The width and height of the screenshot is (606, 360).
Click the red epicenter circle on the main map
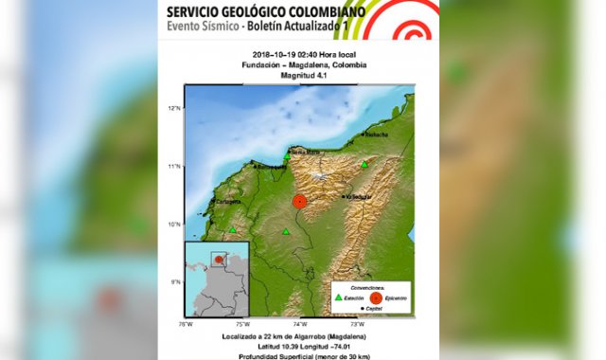(x=299, y=202)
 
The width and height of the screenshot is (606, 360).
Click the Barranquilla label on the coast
(x=271, y=166)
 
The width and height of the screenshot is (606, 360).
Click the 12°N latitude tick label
(x=174, y=109)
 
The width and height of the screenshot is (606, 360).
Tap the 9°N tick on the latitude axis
(x=174, y=282)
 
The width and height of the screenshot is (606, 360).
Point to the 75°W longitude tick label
(x=242, y=324)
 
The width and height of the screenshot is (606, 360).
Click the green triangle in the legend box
(x=339, y=297)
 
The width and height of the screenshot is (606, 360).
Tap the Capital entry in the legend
(x=370, y=309)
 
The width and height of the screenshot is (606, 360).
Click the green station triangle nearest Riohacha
(x=364, y=164)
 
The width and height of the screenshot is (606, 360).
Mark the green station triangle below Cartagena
(x=233, y=228)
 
